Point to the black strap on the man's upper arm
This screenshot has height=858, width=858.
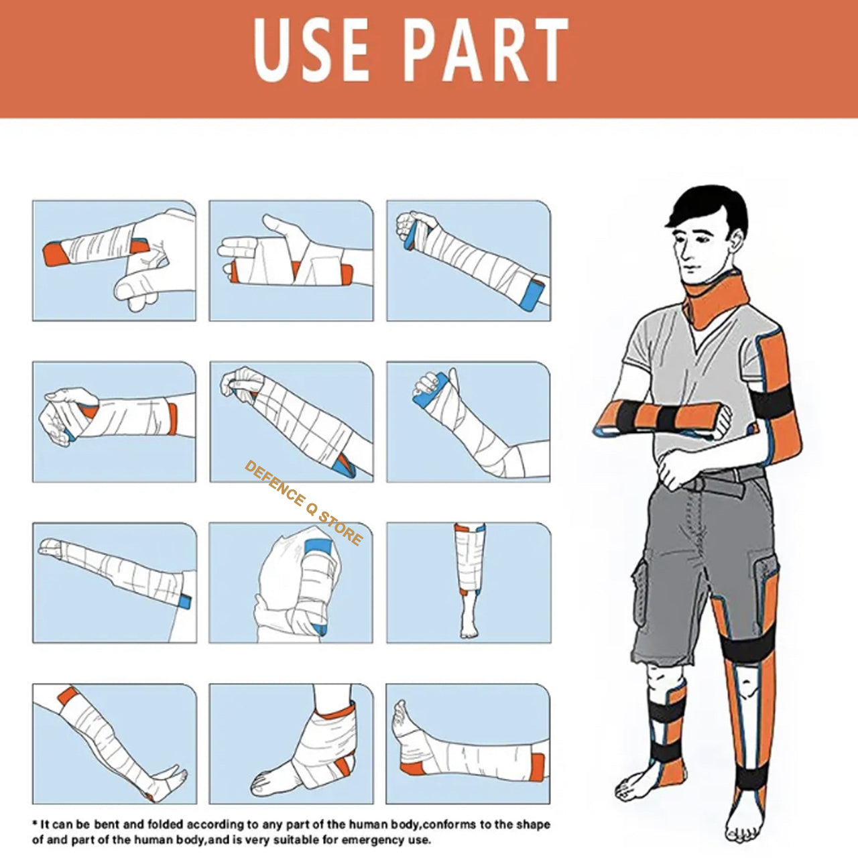(772, 400)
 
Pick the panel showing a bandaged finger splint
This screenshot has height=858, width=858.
(115, 261)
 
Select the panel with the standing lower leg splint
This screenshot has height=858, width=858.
(469, 583)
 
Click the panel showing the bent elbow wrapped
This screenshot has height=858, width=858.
(469, 422)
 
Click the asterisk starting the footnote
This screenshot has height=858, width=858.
(35, 810)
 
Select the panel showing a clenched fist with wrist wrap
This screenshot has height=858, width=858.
(115, 422)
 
